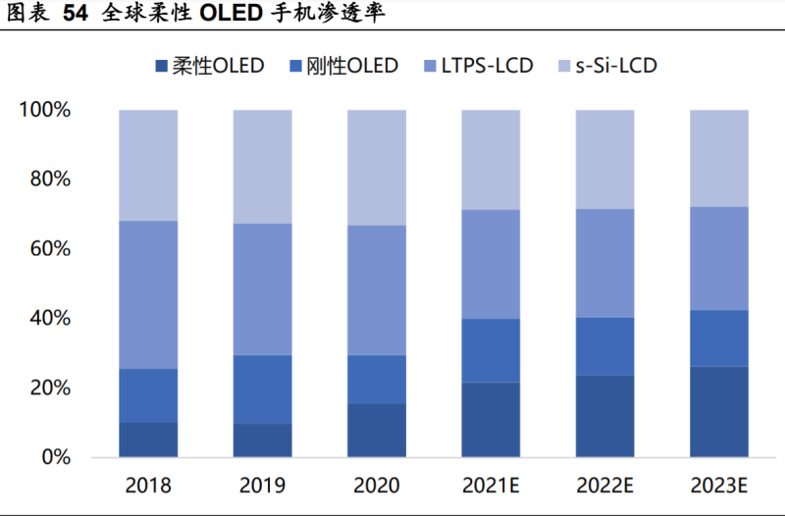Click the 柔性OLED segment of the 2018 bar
[x=148, y=439]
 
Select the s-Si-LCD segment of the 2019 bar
[x=262, y=167]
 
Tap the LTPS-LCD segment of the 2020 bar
[x=377, y=290]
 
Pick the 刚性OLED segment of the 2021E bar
[x=491, y=350]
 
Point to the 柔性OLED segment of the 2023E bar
[x=719, y=412]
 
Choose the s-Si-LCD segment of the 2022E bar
[x=605, y=160]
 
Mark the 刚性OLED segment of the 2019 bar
[x=262, y=389]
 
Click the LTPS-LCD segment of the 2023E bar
[x=719, y=258]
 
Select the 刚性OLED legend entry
[x=342, y=67]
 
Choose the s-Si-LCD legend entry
[x=608, y=67]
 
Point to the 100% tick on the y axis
[x=45, y=110]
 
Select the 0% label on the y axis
[x=55, y=457]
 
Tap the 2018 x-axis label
[x=148, y=486]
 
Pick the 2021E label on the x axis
[x=491, y=486]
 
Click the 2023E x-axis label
[x=719, y=486]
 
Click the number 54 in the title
[x=76, y=14]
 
